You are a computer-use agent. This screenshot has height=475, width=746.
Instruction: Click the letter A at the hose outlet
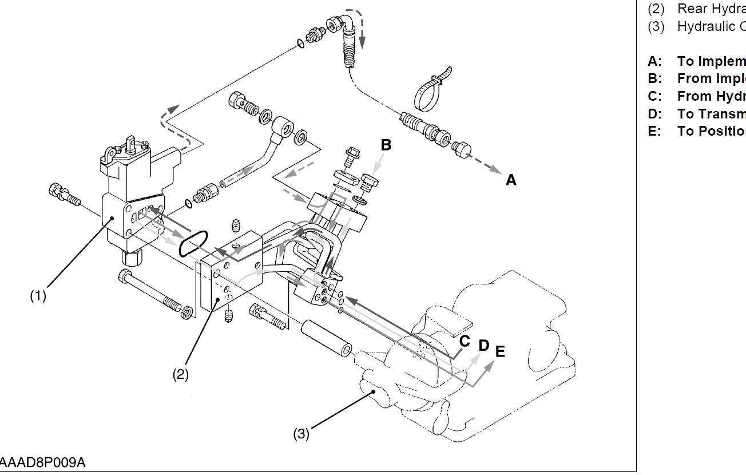[511, 180]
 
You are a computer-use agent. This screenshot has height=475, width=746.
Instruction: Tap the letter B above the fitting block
[386, 145]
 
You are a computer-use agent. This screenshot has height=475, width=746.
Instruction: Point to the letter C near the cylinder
[465, 342]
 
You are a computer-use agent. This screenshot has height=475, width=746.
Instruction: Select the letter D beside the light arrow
[484, 346]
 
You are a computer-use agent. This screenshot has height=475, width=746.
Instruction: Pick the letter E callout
[500, 351]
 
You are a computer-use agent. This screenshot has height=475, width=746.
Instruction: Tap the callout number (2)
[181, 374]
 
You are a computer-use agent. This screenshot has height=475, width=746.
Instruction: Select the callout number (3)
[301, 434]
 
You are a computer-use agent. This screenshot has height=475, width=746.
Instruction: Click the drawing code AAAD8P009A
[43, 462]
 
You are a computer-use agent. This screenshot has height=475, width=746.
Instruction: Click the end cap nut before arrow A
[461, 151]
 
